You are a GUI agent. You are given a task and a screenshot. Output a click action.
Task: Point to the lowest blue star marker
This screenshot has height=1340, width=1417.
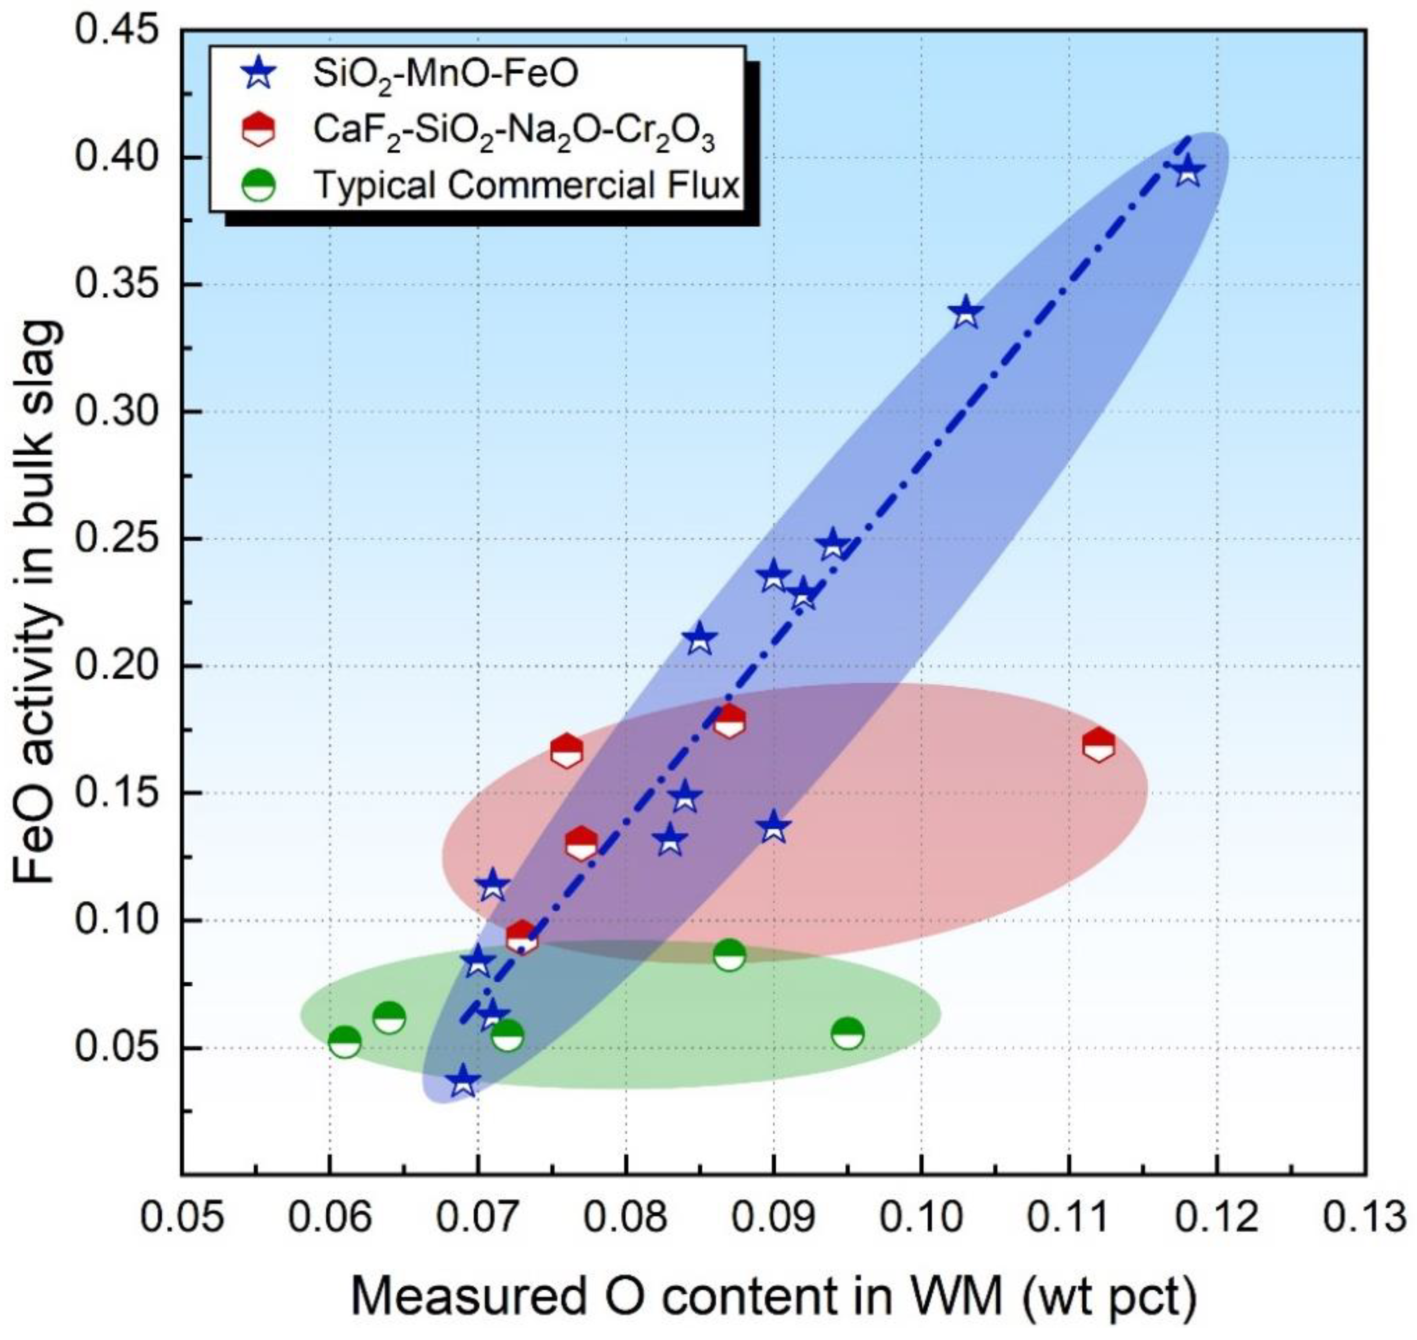pyautogui.click(x=463, y=1081)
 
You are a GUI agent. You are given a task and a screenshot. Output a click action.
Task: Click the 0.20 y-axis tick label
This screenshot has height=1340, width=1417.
pyautogui.click(x=118, y=666)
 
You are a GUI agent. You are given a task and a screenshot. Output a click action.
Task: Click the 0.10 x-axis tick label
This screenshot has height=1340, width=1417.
pyautogui.click(x=921, y=1216)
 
